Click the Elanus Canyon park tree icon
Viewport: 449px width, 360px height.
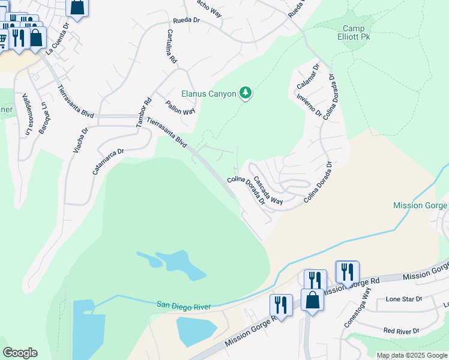[245, 93]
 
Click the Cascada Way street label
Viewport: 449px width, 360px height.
[267, 190]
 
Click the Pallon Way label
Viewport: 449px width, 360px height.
[180, 107]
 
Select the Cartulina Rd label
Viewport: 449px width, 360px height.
[172, 47]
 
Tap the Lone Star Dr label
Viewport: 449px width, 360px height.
[404, 299]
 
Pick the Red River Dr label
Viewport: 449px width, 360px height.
[401, 331]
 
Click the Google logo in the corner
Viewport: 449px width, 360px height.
[20, 353]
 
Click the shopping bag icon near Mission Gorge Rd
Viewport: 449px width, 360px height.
[313, 300]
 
